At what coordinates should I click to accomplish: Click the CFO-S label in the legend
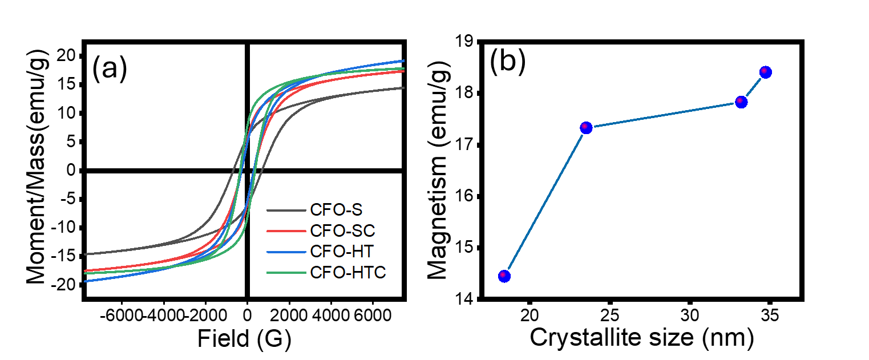point(336,210)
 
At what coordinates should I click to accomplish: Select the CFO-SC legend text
point(342,231)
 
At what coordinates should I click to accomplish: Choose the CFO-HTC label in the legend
point(347,273)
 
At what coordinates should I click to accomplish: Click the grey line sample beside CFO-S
point(286,211)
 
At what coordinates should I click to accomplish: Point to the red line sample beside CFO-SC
point(286,231)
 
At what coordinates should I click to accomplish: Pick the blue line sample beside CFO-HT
point(286,252)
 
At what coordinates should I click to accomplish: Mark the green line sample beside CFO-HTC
point(286,273)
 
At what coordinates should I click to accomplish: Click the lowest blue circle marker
point(504,276)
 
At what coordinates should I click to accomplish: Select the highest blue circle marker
point(766,72)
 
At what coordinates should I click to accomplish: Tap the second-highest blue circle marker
point(741,102)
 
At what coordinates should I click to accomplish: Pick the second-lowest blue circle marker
point(586,128)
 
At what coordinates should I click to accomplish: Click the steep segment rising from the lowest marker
point(545,202)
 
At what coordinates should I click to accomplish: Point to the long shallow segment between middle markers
point(664,115)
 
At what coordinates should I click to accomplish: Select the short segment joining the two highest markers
point(753,87)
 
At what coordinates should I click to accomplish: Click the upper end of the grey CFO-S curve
point(403,88)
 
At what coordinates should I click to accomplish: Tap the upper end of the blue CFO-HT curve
point(403,60)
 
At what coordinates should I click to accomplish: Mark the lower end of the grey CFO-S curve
point(86,254)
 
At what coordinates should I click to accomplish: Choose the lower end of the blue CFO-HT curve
point(86,281)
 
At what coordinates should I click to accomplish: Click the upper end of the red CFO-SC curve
point(403,72)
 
